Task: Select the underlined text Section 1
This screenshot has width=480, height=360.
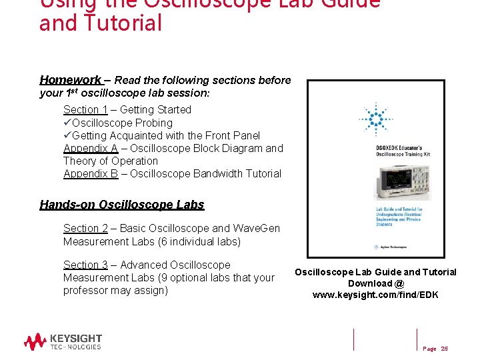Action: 85,109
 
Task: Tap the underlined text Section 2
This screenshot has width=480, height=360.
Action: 85,229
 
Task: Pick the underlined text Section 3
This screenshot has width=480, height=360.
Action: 85,265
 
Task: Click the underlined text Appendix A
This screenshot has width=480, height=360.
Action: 91,148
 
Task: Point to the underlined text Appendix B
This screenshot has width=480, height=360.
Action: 91,173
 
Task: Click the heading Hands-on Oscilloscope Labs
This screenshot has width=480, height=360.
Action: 122,205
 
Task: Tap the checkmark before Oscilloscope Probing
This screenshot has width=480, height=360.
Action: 67,123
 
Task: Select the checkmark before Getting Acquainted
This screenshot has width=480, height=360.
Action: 67,135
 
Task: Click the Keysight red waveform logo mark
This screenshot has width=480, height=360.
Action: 35,342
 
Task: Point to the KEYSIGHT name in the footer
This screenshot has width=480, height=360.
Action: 76,339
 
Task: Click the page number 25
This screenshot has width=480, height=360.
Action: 445,349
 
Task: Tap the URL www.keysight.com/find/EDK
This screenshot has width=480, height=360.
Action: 375,295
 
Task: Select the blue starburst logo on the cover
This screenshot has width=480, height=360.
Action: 375,120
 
